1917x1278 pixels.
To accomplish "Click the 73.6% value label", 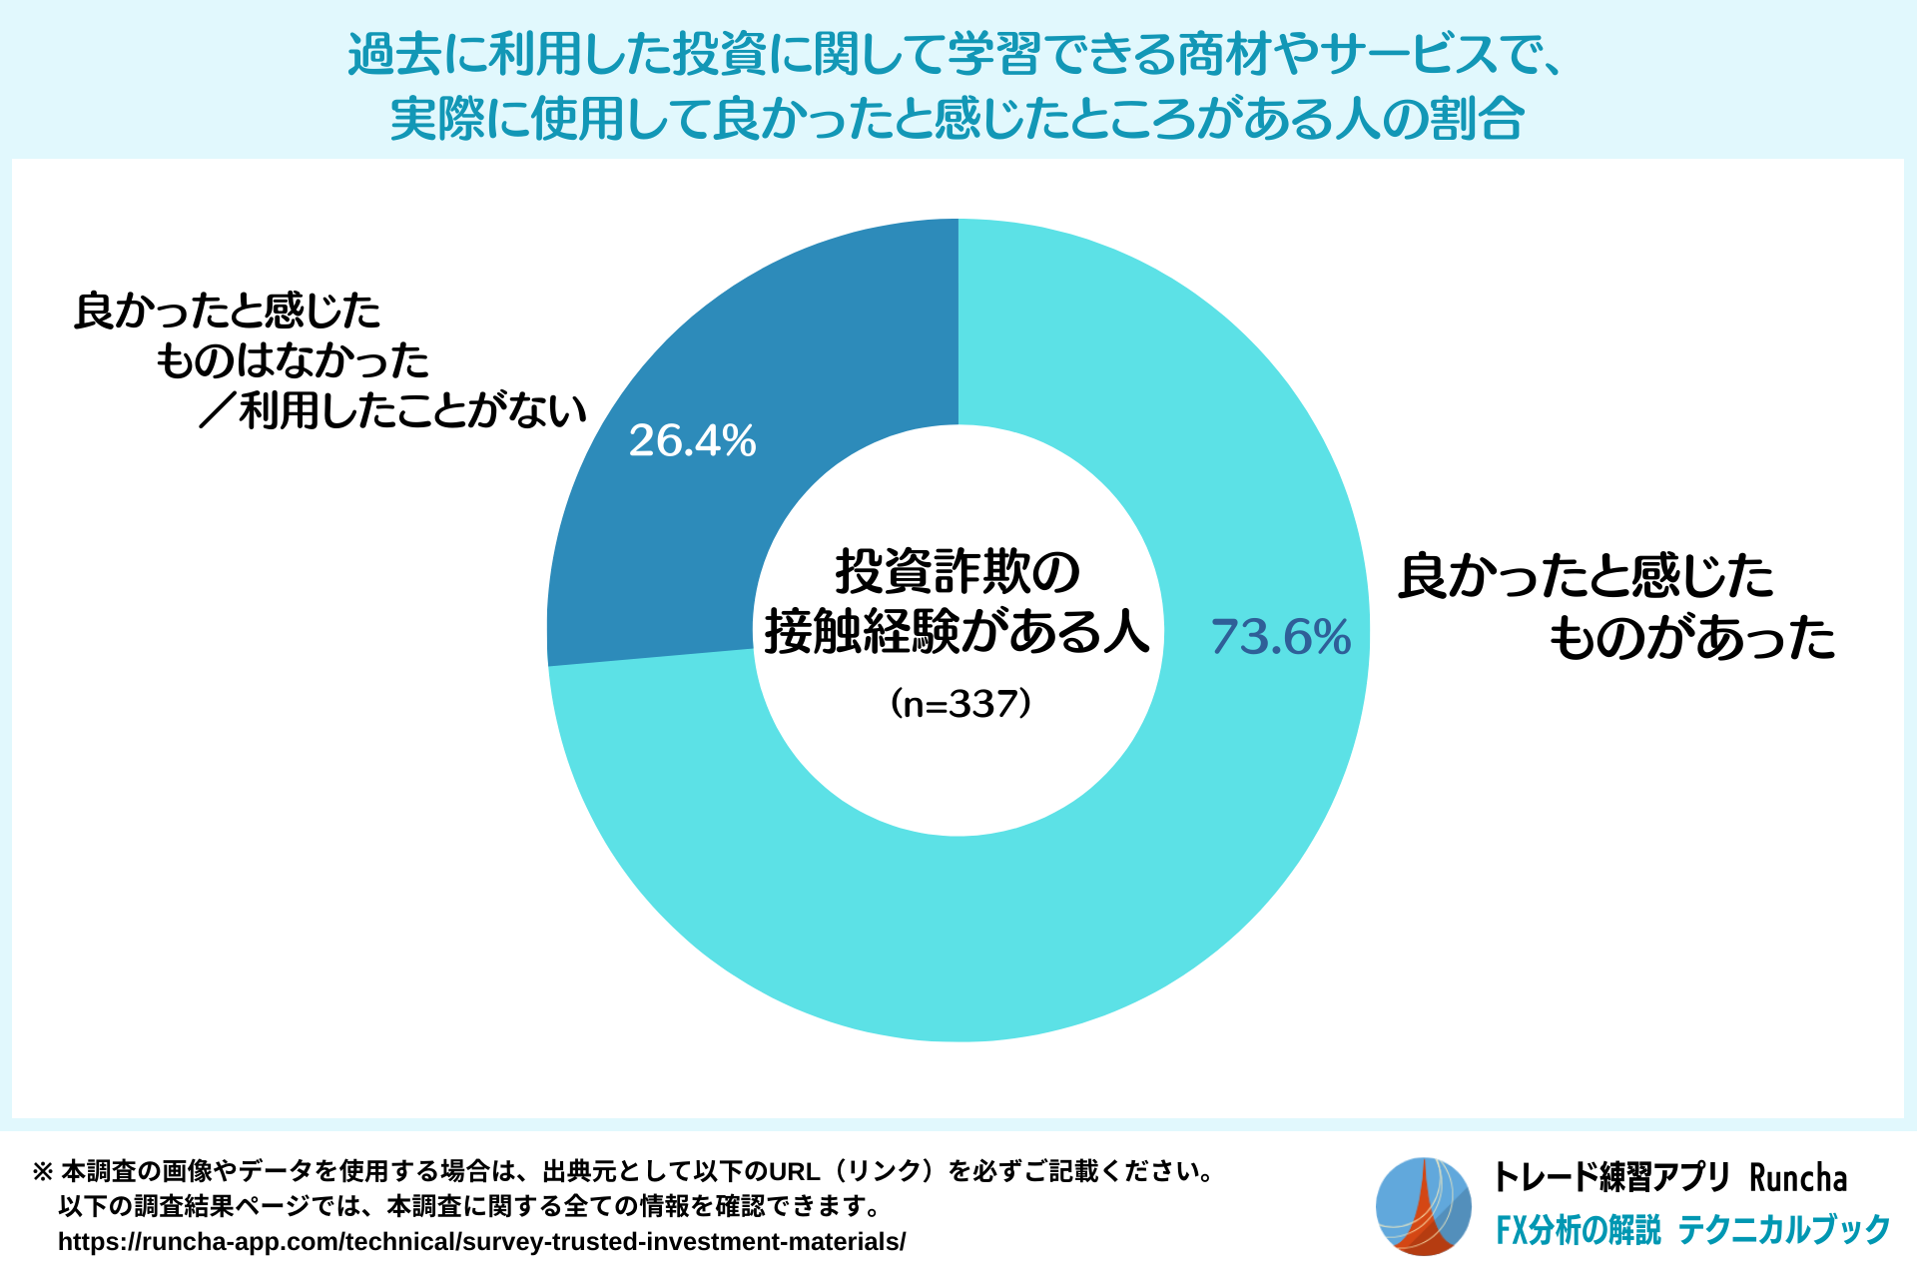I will point(1280,637).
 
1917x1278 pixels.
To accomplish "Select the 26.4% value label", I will point(692,440).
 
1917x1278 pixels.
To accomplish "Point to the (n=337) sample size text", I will point(958,704).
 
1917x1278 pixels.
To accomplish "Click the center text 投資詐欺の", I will point(958,572).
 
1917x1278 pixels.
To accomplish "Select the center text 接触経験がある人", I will point(958,631).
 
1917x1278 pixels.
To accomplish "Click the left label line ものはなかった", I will point(293,360).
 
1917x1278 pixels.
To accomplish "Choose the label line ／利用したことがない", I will point(392,410).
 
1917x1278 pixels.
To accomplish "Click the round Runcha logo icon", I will point(1424,1206).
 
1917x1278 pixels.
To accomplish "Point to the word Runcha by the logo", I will point(1797,1178).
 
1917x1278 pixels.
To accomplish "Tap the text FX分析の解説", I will point(1578,1230).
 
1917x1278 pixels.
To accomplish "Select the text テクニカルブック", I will point(1784,1230).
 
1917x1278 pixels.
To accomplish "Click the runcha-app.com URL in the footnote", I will point(481,1242).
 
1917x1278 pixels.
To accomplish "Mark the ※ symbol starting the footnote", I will point(43,1171).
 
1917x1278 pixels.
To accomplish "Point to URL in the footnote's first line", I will point(794,1171).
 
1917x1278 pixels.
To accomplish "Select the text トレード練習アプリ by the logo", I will point(1610,1178).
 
